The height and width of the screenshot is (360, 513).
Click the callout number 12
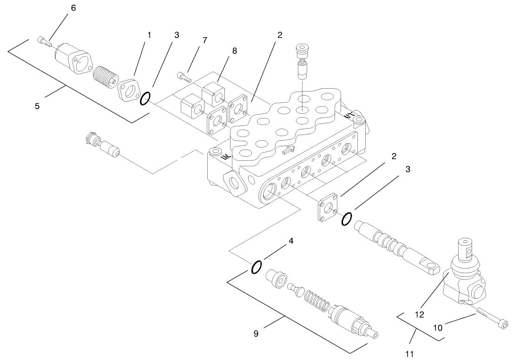coord(420,314)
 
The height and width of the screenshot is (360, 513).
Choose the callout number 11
coord(409,354)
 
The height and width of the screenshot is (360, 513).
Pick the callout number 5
coord(37,105)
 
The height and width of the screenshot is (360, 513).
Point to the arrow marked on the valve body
coord(289,150)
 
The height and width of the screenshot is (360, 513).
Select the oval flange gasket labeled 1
coord(127,90)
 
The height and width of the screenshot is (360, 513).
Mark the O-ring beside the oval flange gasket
coord(145,98)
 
